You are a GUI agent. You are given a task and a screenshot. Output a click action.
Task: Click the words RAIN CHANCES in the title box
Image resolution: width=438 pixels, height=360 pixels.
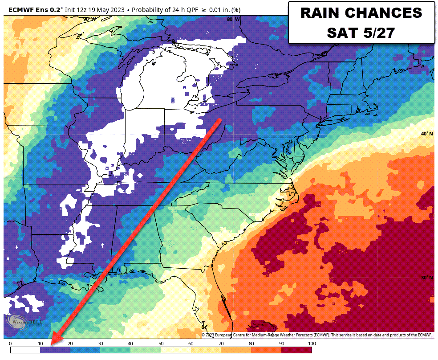pos(361,13)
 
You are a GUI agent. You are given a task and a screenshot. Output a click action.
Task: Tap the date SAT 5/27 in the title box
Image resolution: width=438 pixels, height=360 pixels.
pos(361,32)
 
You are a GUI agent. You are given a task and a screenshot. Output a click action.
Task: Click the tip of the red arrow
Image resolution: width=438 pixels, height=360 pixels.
pos(52,344)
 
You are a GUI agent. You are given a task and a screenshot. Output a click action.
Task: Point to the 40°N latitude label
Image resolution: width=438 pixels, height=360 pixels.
pos(427,134)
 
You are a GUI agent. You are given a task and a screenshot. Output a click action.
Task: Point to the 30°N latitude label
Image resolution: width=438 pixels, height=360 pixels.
pos(427,278)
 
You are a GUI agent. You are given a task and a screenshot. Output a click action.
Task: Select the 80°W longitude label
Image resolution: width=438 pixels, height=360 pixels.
pos(233,19)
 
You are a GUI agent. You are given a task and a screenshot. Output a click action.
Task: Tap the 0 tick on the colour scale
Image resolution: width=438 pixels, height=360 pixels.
pos(10,344)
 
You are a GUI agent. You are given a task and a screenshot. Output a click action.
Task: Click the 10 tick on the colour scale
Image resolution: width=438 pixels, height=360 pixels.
pos(40,344)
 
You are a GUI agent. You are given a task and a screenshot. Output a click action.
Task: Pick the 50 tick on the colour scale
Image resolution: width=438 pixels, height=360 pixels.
pos(161,344)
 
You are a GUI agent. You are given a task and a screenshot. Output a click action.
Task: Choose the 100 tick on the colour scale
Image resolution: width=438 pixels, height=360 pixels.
pos(312,344)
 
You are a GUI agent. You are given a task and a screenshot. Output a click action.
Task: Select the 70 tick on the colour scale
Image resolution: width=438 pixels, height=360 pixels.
pos(221,344)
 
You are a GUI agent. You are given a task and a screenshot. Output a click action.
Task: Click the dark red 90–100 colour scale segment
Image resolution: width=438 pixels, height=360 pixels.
pos(296,350)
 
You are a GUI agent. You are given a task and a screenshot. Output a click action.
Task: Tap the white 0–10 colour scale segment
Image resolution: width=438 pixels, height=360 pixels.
pos(25,350)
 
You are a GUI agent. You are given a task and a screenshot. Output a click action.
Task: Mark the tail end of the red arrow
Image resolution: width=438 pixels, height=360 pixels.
pos(220,119)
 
